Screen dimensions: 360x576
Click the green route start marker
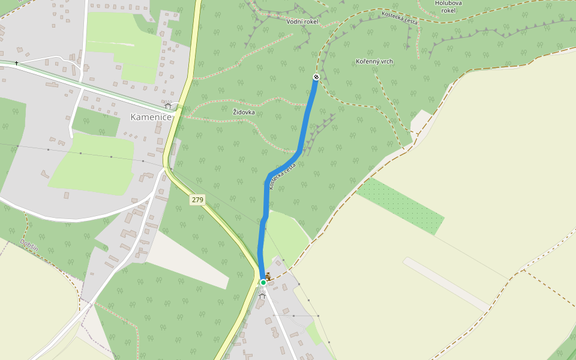(263, 283)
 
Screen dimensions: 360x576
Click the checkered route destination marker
(316, 77)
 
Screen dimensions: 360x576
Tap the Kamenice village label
(151, 117)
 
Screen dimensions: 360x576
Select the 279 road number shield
(197, 199)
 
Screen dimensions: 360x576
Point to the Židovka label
(244, 112)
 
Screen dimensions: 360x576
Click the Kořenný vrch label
(374, 61)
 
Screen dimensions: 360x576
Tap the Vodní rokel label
(302, 22)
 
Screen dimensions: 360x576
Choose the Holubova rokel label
(448, 7)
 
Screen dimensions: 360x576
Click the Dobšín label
(29, 245)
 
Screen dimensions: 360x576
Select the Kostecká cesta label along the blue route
(282, 176)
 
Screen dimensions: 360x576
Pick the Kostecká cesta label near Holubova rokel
(400, 17)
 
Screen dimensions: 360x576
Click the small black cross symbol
(16, 63)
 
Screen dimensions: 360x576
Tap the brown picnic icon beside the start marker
(268, 276)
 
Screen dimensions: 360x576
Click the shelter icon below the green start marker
(262, 295)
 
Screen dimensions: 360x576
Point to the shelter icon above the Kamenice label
(167, 106)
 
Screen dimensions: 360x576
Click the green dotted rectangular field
(400, 205)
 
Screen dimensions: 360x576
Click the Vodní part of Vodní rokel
(295, 22)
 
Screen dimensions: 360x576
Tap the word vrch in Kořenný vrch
(386, 61)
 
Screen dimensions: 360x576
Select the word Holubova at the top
(448, 3)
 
